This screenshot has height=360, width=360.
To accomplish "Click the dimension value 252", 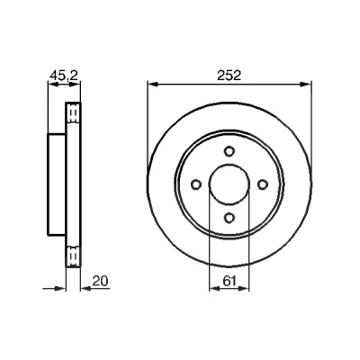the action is coord(229,76).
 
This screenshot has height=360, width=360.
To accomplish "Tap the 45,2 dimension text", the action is coord(64,76).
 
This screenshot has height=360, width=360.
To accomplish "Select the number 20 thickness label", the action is coord(100,281).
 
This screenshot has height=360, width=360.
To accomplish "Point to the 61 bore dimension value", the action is coord(229,281).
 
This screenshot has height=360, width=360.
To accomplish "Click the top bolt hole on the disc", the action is coord(229,151).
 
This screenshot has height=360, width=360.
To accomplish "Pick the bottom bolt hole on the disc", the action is coord(229,217).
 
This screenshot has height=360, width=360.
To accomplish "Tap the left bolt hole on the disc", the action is coord(196,184).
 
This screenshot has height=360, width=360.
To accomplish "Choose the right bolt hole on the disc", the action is coord(263,184).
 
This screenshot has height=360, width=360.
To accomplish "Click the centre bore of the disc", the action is coord(229,184).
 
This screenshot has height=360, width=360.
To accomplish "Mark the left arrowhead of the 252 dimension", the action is coord(153,85).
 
